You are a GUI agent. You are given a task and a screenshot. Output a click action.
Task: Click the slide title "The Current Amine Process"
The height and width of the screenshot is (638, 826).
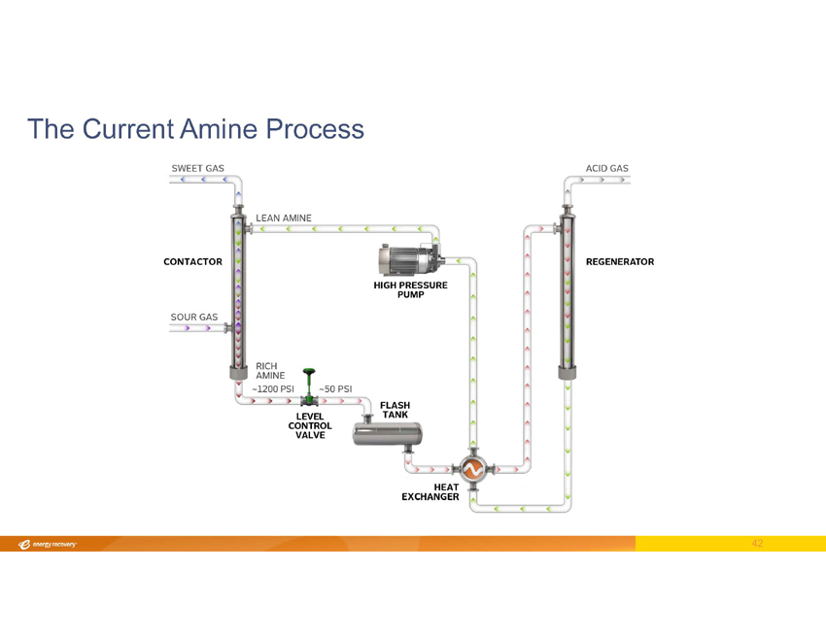(x=195, y=128)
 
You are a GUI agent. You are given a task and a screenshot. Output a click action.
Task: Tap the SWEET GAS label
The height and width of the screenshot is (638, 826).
(x=197, y=168)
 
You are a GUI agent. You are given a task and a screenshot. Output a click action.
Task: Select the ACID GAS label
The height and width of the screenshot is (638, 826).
(x=606, y=168)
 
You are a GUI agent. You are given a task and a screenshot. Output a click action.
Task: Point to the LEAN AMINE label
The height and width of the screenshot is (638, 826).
(x=283, y=218)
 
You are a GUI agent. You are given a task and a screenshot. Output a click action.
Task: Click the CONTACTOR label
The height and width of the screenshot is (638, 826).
(x=192, y=262)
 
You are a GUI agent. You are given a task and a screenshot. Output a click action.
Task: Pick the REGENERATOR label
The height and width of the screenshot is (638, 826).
(x=619, y=262)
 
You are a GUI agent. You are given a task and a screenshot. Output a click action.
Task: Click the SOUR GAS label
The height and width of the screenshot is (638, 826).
(x=194, y=317)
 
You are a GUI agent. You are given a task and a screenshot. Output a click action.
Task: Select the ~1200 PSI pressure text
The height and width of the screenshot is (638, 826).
(x=272, y=388)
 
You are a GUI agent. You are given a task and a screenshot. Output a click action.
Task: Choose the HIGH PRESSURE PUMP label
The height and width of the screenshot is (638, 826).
(x=410, y=289)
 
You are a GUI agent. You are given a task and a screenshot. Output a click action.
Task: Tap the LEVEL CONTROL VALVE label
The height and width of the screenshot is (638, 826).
(x=310, y=425)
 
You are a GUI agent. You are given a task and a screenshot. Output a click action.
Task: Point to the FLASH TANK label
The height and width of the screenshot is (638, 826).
(x=395, y=410)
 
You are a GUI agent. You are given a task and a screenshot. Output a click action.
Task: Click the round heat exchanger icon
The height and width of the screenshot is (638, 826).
(x=473, y=470)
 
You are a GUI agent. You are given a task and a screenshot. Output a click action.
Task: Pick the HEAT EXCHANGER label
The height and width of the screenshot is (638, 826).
(x=430, y=491)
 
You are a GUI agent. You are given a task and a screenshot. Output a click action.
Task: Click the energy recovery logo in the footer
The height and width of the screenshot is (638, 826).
(x=48, y=544)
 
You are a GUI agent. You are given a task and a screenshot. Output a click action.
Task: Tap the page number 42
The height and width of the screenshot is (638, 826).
(x=758, y=544)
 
